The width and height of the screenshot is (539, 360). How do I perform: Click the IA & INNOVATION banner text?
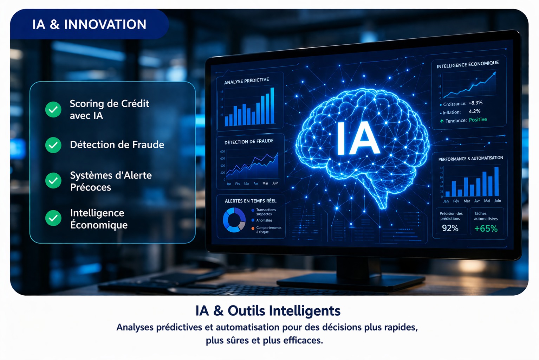click(x=89, y=24)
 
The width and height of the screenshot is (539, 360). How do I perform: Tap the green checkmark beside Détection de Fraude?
click(x=53, y=145)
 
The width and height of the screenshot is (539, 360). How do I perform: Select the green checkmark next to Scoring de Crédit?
click(x=53, y=109)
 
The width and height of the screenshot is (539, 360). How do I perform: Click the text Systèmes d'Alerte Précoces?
click(x=111, y=181)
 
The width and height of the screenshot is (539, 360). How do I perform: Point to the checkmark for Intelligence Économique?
click(x=53, y=218)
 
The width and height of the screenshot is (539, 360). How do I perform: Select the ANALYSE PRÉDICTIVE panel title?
click(x=246, y=81)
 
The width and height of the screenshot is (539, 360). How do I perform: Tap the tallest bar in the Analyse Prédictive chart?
click(x=272, y=106)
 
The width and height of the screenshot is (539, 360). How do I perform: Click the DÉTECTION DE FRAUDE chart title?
click(x=249, y=142)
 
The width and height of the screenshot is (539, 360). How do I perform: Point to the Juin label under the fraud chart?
click(x=275, y=183)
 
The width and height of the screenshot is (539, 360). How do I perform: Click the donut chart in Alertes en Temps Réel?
click(x=234, y=220)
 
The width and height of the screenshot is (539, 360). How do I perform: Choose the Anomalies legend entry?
click(x=264, y=220)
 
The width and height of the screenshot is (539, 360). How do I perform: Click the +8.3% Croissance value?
click(x=475, y=103)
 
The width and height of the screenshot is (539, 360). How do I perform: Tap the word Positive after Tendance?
click(x=478, y=120)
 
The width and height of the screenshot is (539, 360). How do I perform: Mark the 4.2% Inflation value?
click(x=474, y=111)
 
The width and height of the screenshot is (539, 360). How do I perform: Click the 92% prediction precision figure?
click(x=450, y=229)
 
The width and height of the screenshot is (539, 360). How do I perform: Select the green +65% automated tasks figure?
click(x=486, y=229)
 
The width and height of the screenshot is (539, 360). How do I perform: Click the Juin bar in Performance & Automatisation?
click(x=496, y=181)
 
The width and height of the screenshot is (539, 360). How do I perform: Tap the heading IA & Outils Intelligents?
click(x=268, y=311)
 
